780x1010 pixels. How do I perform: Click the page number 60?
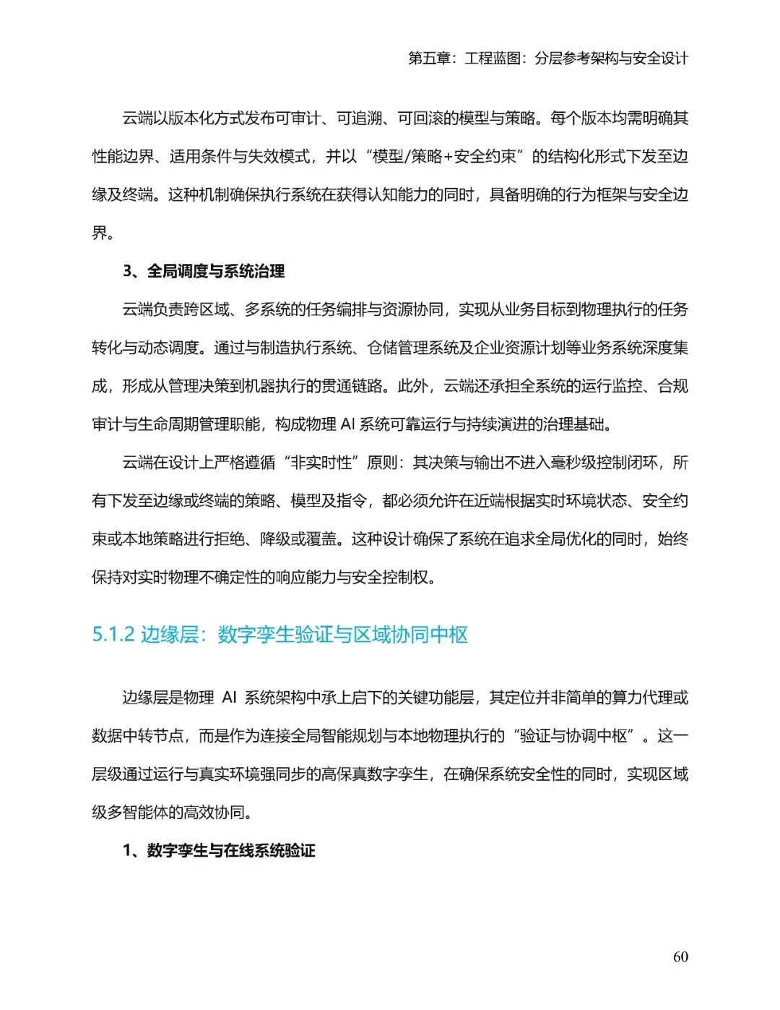coord(680,956)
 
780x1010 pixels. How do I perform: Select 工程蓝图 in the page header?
coord(493,59)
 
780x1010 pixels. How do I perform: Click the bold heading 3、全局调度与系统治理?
coord(204,271)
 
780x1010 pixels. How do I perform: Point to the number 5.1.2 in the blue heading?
coord(113,635)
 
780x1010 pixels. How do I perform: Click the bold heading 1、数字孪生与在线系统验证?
coord(219,850)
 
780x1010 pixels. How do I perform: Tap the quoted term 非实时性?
coord(321,463)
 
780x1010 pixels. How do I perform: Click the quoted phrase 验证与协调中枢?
coord(574,736)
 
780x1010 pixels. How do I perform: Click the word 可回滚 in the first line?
coord(420,118)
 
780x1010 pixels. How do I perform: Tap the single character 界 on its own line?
coord(100,233)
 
